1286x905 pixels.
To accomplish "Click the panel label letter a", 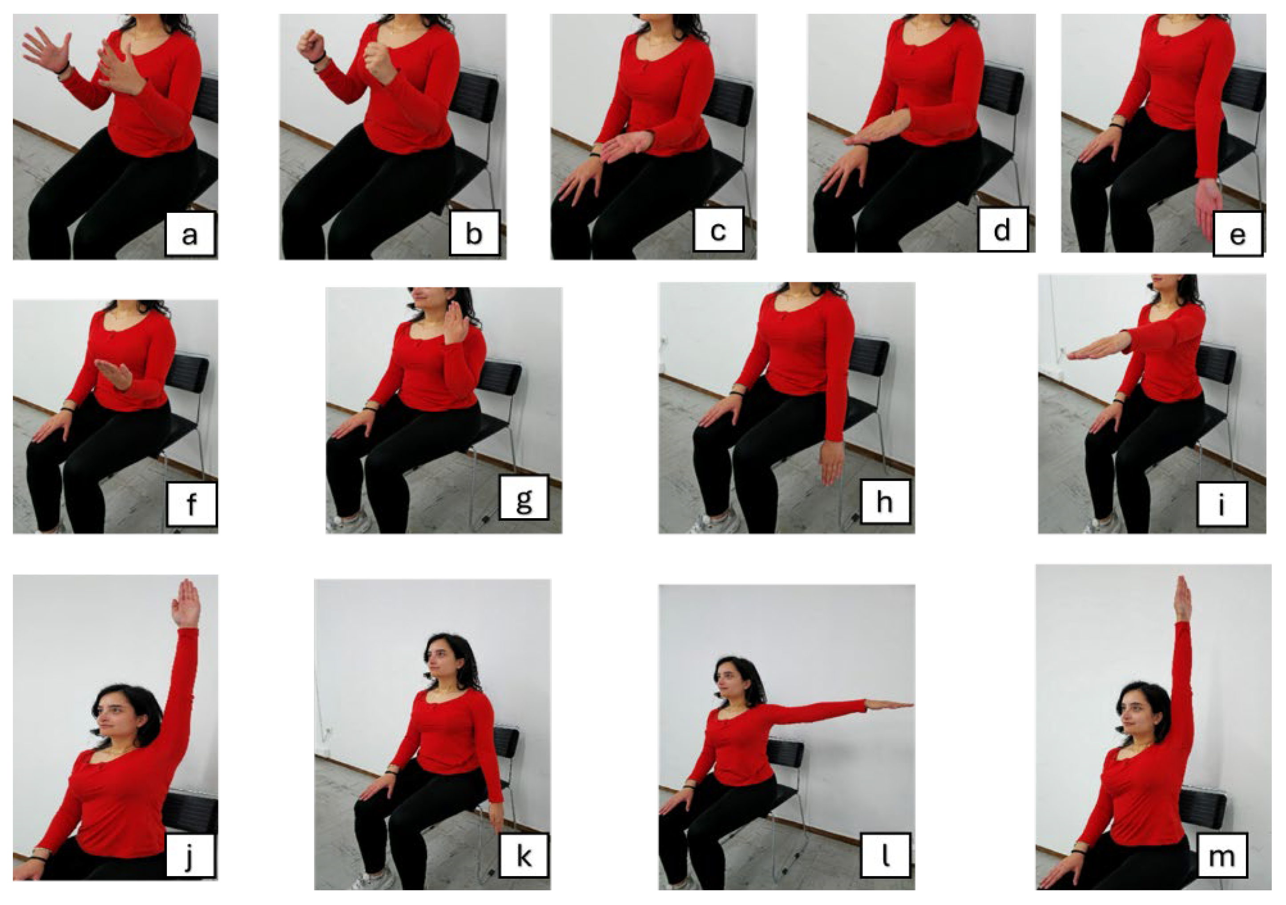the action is point(190,235).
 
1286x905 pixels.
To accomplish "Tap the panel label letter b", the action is point(474,233).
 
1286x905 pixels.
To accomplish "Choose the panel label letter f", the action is point(192,504).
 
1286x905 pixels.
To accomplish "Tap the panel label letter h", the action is point(884,501).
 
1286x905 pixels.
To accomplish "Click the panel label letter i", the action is point(1221,504).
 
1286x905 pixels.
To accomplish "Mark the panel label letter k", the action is point(524,856).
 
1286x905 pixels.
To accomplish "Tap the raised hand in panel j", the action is point(186,603).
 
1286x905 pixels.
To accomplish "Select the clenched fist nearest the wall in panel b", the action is point(311,46).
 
